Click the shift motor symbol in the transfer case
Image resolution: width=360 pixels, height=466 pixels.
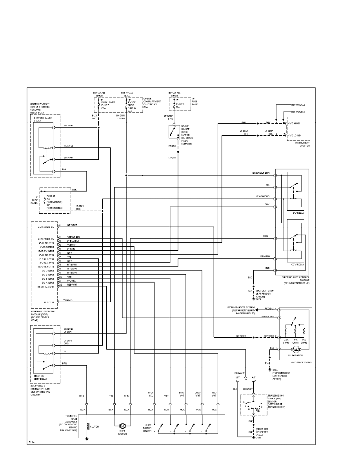[122, 426]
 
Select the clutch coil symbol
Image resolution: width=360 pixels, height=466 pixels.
[88, 426]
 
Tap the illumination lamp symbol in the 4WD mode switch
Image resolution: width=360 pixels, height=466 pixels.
[296, 349]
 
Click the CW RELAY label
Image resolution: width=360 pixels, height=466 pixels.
[298, 213]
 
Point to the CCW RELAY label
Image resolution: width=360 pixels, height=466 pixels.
[298, 264]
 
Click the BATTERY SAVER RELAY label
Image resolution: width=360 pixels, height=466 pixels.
[42, 119]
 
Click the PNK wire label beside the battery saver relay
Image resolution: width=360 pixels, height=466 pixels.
[65, 170]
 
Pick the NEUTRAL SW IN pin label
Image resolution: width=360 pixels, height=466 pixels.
[46, 287]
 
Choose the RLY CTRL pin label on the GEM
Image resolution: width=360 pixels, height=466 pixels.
[49, 302]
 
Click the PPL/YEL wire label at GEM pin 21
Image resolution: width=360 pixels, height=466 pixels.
[71, 280]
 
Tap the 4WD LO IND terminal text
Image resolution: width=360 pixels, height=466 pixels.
[295, 135]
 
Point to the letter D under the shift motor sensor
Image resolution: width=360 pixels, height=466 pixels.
[202, 431]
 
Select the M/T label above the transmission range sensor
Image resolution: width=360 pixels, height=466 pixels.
[238, 377]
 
